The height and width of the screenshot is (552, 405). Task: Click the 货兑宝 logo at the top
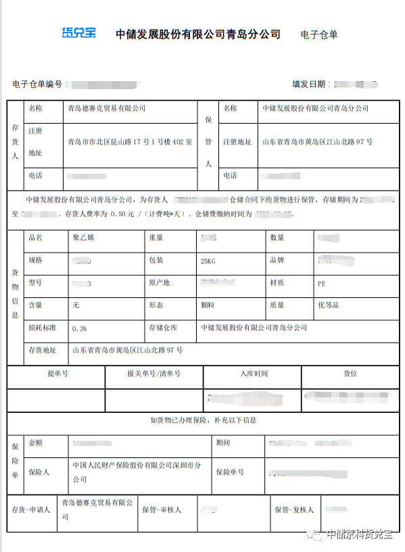pos(78,33)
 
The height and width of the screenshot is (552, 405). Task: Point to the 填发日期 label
pos(309,84)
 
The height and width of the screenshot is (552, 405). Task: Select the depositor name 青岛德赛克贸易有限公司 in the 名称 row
pos(107,108)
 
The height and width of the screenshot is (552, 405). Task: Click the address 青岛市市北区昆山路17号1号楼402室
pos(130,142)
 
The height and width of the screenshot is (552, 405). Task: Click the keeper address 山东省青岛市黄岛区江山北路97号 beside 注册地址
pos(317,142)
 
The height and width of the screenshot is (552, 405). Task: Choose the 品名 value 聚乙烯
pos(82,238)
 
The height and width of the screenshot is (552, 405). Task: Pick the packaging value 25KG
pos(210,261)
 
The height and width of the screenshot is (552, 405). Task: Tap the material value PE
pos(321,284)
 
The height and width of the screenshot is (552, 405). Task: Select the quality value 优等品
pos(328,305)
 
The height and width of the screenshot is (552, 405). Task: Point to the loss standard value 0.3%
pos(79,328)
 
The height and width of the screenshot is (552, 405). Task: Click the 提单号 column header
pos(57,374)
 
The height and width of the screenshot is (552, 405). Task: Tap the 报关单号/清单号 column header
pos(153,374)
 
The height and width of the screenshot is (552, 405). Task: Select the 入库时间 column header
pos(254,374)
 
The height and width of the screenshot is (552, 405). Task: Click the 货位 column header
pos(350,374)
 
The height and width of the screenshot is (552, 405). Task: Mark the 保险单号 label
pos(230,472)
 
